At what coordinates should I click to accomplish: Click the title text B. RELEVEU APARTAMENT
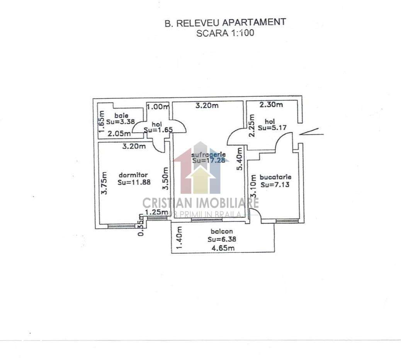(225, 22)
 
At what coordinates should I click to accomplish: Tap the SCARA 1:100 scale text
(225, 33)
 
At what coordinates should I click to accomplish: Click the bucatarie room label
(275, 177)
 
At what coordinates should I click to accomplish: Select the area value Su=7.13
(275, 184)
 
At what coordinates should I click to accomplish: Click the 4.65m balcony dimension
(222, 248)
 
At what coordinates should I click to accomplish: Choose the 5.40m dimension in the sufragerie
(240, 159)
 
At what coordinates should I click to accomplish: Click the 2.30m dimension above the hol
(271, 105)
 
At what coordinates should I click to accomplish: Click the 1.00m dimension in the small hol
(158, 106)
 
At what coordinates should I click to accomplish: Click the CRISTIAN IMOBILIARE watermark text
(200, 203)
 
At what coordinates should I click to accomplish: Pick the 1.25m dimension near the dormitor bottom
(156, 212)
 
